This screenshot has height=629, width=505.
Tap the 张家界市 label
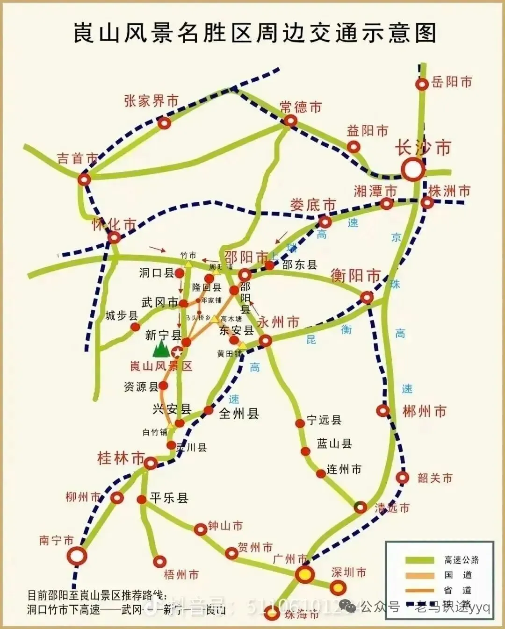(x=151, y=100)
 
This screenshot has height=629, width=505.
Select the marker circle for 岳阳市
(x=422, y=84)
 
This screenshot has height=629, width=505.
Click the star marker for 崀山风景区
(x=177, y=352)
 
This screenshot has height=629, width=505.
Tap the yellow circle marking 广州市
(x=305, y=574)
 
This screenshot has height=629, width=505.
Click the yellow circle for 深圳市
(x=338, y=587)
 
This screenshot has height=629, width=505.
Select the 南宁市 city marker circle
(x=77, y=556)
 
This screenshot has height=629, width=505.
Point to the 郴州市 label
(x=425, y=411)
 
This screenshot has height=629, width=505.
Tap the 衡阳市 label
(x=355, y=276)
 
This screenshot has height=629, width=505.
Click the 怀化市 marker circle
(x=114, y=237)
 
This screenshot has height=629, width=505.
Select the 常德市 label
(x=301, y=107)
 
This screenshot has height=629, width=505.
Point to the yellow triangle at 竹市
(x=188, y=264)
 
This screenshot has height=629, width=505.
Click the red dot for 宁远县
(x=300, y=423)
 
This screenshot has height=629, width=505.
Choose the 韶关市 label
(x=435, y=478)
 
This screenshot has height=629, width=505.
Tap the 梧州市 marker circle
(x=160, y=561)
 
